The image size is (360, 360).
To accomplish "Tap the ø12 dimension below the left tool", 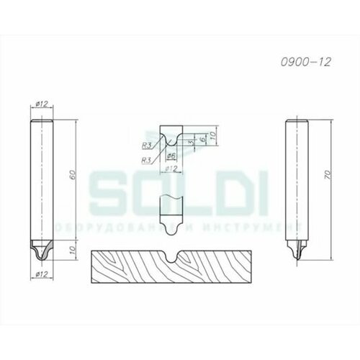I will click(x=40, y=274).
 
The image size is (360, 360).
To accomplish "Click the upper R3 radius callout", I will click(x=146, y=143).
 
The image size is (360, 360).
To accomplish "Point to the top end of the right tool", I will click(x=297, y=118).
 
